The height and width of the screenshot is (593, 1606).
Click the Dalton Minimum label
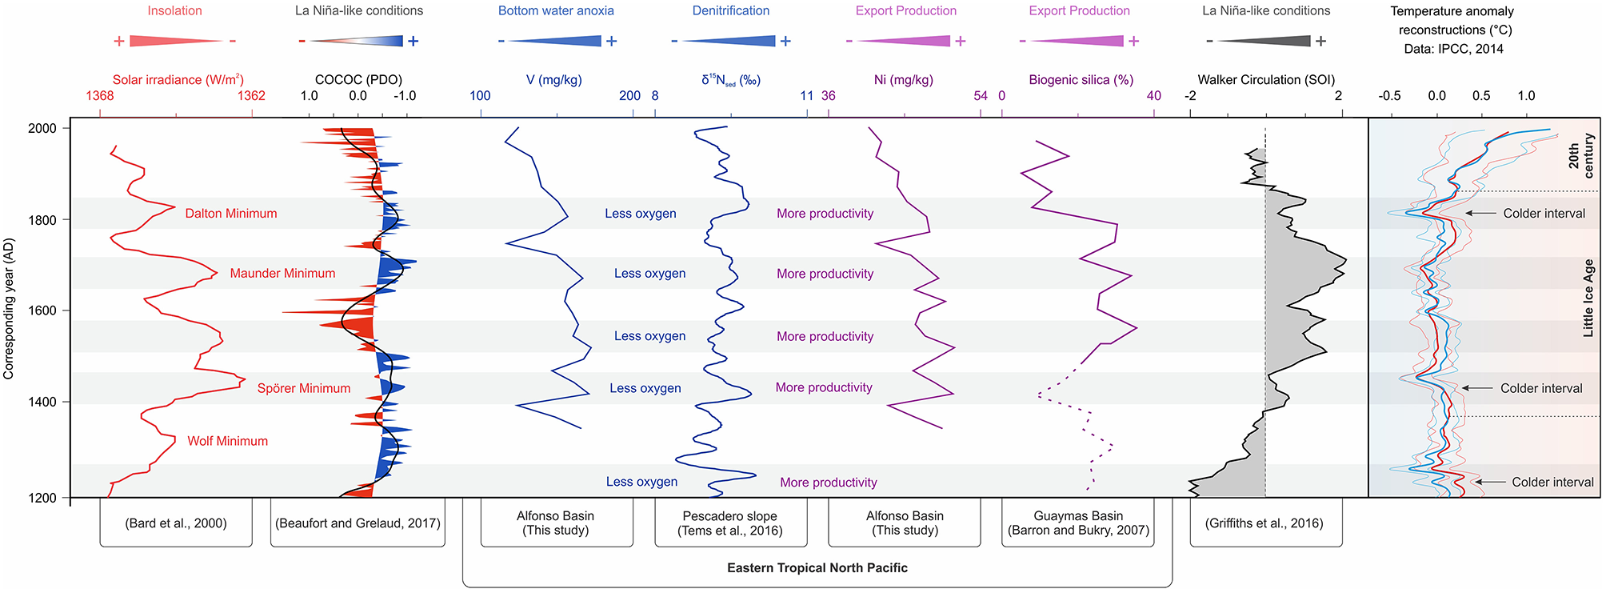tap(231, 214)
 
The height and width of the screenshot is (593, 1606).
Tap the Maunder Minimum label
tap(282, 274)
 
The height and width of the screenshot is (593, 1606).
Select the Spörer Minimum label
tap(304, 389)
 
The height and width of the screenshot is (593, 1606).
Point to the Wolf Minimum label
tap(228, 441)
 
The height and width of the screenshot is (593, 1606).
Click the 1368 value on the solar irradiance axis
tap(100, 96)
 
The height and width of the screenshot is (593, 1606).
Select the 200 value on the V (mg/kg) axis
tap(629, 96)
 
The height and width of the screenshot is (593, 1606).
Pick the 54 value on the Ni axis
tap(981, 96)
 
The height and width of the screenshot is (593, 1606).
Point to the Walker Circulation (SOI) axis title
tap(1266, 80)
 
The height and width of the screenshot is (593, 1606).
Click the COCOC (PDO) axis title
tap(358, 80)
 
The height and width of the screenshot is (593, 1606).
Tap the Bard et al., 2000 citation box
tap(176, 523)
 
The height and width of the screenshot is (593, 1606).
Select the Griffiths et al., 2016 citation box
tap(1264, 523)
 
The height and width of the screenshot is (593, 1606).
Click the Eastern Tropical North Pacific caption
tap(817, 568)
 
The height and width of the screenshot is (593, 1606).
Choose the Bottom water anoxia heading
tap(556, 11)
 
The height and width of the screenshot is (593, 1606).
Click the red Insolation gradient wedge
tap(175, 41)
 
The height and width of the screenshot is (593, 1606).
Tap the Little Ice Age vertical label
tap(1588, 298)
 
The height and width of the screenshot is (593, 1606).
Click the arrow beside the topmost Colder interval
tap(1482, 214)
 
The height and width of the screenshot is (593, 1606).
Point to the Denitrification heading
tap(731, 11)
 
